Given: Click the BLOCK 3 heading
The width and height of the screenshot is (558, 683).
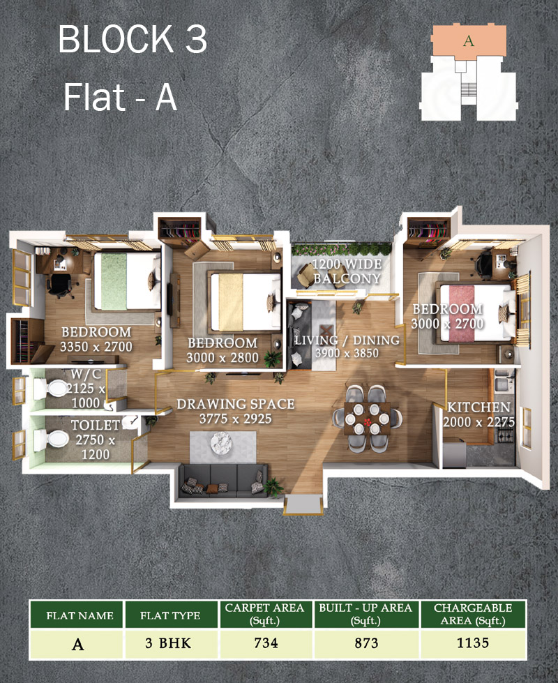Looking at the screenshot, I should point(133,40).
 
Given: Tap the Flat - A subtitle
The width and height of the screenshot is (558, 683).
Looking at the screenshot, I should point(120,97).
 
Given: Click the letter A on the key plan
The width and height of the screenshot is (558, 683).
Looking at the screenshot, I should point(469,40).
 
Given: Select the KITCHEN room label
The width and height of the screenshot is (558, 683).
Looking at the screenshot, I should point(478,407).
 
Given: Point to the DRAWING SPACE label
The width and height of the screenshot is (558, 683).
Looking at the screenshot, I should point(235,404).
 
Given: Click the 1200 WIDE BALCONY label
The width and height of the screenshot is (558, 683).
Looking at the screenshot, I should point(347,271).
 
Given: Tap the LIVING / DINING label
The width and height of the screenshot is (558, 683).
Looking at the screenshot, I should point(347,340).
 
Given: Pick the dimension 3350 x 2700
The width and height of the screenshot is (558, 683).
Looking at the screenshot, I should point(96,346).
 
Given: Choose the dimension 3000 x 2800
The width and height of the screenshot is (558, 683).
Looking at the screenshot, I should point(223,358).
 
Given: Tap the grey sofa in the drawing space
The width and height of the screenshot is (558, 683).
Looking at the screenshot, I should point(222,478).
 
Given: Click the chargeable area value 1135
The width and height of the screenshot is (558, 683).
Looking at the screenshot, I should point(473,643).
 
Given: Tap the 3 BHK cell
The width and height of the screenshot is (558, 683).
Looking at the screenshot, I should point(170,643).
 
